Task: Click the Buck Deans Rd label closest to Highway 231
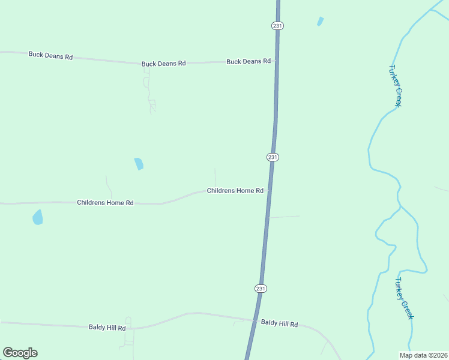(x=249, y=61)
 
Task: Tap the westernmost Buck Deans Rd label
(x=50, y=55)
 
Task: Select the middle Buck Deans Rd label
(x=163, y=63)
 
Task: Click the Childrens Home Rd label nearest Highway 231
(x=235, y=191)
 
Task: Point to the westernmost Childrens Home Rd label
(x=105, y=203)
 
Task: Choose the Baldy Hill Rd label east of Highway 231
(x=279, y=323)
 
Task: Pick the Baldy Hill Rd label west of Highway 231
(x=107, y=328)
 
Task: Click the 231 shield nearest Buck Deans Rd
(x=277, y=26)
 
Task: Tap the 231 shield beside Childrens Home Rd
(x=273, y=157)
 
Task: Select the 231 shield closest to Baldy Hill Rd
(x=260, y=288)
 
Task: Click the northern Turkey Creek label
(x=394, y=86)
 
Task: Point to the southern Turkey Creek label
(x=404, y=298)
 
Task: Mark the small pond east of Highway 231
(x=320, y=22)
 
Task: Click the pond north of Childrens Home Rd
(x=139, y=163)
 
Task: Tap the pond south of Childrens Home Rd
(x=38, y=217)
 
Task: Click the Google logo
(x=20, y=353)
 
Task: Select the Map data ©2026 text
(x=423, y=355)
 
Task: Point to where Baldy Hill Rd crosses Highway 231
(x=255, y=320)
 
